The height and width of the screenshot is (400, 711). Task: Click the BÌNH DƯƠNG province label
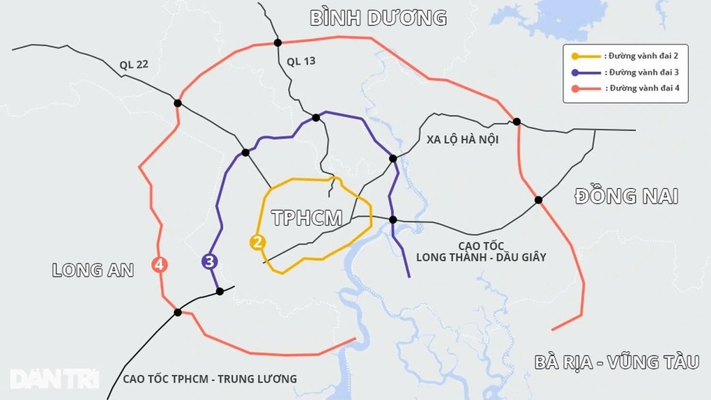tap(379, 18)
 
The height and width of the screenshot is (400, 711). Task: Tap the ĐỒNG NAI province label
tap(625, 197)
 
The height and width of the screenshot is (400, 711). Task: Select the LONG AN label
tap(93, 270)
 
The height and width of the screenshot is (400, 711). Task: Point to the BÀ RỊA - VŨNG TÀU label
tap(616, 362)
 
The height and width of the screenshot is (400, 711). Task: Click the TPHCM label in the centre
tap(307, 218)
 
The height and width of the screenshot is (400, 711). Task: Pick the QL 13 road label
tap(300, 61)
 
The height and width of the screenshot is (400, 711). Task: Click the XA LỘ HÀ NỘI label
tap(462, 140)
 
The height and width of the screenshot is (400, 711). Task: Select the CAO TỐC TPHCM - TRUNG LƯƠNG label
tap(209, 379)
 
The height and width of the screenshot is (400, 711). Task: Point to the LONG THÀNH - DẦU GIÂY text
tap(481, 257)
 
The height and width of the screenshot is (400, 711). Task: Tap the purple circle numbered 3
tap(209, 261)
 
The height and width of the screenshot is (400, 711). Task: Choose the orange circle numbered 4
tap(160, 265)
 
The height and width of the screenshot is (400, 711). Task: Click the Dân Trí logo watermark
tap(54, 378)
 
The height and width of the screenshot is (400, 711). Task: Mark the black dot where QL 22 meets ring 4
tap(178, 103)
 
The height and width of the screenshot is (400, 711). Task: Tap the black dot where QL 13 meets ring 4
tap(277, 43)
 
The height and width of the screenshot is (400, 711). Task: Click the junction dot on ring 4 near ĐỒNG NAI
tap(538, 200)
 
